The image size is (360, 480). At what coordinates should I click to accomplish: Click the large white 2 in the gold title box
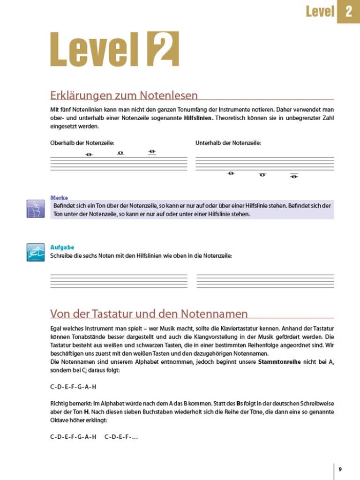pos(163,48)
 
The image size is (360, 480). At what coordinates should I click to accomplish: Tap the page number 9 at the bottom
pos(340,469)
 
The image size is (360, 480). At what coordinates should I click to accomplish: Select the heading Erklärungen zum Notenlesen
pos(124,96)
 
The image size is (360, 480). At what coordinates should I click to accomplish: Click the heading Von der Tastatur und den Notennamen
pos(149,313)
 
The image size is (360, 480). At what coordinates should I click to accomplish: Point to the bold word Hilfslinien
pos(199,118)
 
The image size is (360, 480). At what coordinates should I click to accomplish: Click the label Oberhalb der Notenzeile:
pos(82,142)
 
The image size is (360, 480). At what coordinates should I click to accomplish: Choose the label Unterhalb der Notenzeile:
pos(228,142)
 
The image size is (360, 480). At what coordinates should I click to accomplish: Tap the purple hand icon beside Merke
pos(35,209)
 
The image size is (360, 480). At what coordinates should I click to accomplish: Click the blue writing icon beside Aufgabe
pos(35,252)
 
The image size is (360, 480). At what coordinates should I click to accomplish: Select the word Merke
pos(59,198)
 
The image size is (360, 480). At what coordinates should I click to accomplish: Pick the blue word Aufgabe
pos(62,247)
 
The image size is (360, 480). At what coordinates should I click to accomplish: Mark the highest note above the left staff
pos(151,151)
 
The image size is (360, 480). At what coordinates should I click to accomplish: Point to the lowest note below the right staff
pos(294,177)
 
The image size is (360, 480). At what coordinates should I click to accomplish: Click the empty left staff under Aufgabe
pos(119,280)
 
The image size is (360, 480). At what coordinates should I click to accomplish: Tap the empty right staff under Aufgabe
pos(265,280)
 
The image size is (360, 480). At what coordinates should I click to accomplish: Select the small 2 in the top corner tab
pos(348,11)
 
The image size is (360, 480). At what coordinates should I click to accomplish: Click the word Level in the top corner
pos(320,11)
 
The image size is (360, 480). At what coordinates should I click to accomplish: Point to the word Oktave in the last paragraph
pos(59,420)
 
